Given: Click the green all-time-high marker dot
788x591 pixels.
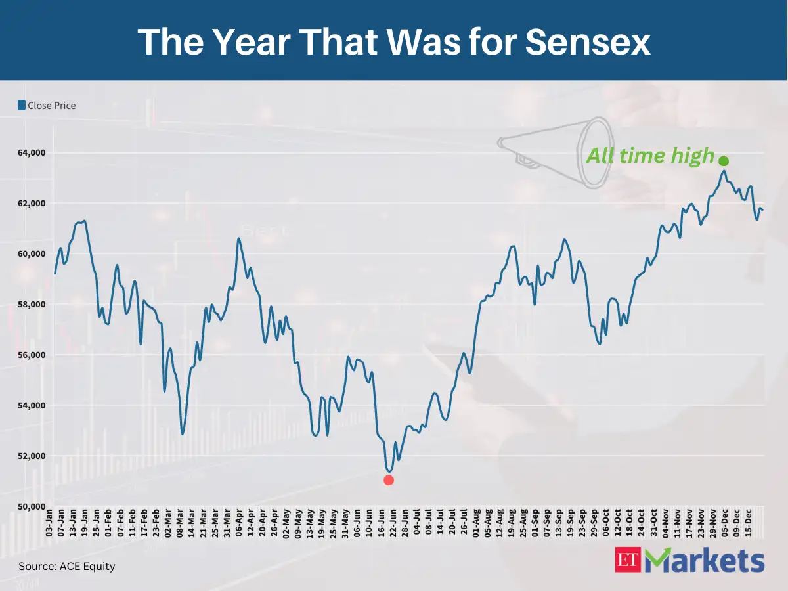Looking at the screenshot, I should tap(724, 161).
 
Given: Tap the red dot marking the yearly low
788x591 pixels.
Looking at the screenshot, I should tap(389, 480).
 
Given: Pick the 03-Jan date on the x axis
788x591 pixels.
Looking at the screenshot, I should tap(49, 524).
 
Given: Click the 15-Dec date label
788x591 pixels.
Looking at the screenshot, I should tap(749, 524).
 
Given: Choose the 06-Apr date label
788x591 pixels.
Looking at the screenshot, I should tap(238, 524).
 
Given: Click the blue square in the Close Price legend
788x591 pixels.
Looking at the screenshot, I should tap(22, 105).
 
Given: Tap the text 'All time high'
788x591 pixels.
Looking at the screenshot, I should tap(649, 156).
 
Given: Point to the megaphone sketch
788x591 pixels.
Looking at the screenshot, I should tap(558, 152).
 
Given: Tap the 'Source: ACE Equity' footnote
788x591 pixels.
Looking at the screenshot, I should tap(66, 566).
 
